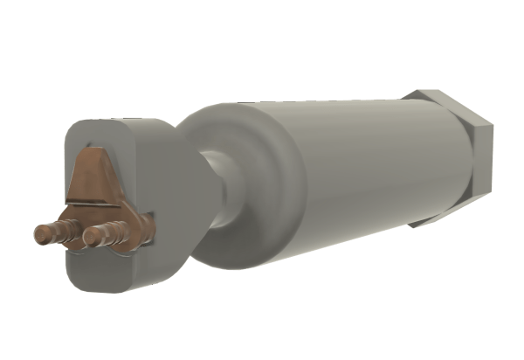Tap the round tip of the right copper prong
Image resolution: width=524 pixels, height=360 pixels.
coord(89,233)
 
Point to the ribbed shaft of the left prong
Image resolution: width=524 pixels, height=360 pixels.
coord(57,232)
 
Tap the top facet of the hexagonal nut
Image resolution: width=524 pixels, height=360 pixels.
coord(445,98)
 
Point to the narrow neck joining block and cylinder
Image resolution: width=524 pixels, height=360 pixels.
coord(218,188)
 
